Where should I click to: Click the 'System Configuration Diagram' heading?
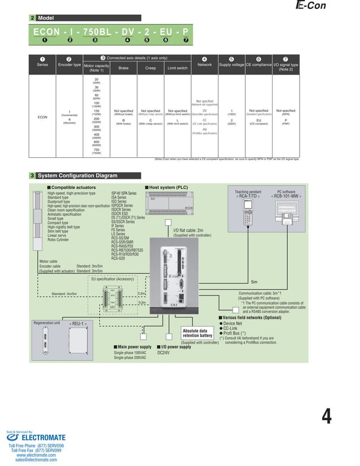click(x=73, y=175)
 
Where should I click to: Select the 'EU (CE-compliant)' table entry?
click(x=258, y=121)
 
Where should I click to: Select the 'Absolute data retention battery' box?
click(x=197, y=333)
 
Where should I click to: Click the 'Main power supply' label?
click(x=134, y=346)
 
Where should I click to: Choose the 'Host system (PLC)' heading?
click(x=168, y=186)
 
